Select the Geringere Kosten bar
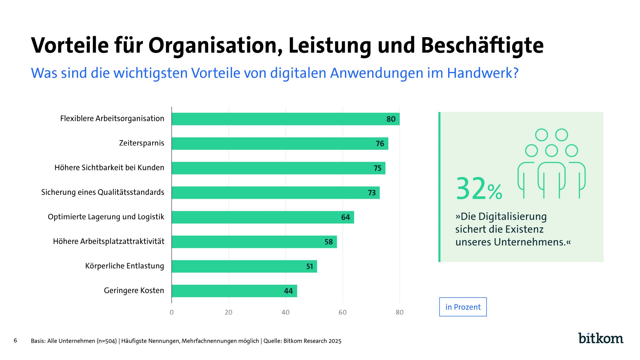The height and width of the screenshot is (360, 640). tap(234, 291)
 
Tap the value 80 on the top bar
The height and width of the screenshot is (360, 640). tap(391, 119)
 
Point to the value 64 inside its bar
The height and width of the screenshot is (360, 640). tap(345, 217)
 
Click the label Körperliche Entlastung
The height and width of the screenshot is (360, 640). tap(124, 266)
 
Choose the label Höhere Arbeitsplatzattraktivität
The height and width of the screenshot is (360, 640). tap(108, 241)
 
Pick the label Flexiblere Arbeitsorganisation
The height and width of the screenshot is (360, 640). tap(112, 118)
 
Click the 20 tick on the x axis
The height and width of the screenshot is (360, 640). tap(228, 312)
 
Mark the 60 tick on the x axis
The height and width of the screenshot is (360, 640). tap(342, 312)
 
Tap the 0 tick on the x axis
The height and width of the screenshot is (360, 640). tap(172, 312)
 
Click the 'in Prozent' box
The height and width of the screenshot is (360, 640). tap(463, 307)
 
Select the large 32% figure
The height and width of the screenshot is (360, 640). tap(478, 189)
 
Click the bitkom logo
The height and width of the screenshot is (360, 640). tap(600, 338)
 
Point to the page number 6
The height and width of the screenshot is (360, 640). tap(15, 340)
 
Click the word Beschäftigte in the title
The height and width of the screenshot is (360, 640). tap(482, 46)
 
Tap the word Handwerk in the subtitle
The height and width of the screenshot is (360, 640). tap(480, 73)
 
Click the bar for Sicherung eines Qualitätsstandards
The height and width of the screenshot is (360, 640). tap(275, 192)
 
